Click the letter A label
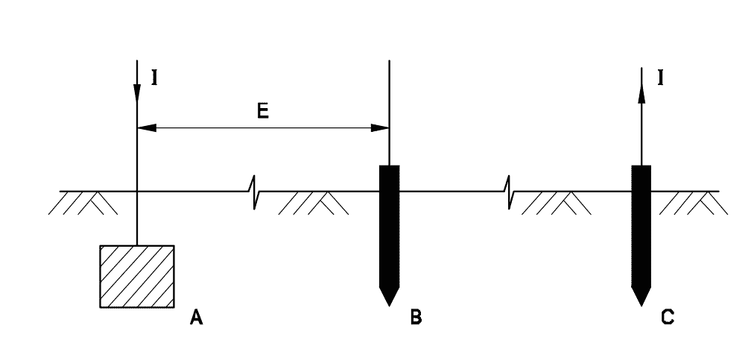click(196, 318)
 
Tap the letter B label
click(416, 318)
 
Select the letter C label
click(668, 318)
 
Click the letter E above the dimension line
click(262, 111)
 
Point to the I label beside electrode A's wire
click(154, 78)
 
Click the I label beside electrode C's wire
click(661, 78)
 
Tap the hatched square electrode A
click(137, 277)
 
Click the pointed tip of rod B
click(390, 305)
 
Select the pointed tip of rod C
click(641, 305)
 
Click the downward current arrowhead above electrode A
click(137, 93)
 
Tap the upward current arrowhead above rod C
click(641, 93)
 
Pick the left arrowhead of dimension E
click(147, 128)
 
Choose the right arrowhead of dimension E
click(380, 128)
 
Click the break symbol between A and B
click(254, 192)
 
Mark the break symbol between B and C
click(509, 192)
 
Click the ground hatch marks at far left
click(83, 203)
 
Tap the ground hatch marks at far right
click(694, 203)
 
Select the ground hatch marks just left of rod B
click(314, 203)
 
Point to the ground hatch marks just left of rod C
click(557, 203)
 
